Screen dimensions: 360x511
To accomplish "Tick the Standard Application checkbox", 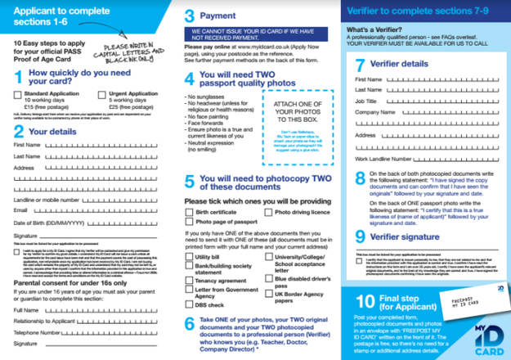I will coord(19,94).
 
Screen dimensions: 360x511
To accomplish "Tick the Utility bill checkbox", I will coord(189,256).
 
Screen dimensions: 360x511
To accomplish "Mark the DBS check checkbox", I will coord(189,304).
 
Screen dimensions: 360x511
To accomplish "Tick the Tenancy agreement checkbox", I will coord(189,279).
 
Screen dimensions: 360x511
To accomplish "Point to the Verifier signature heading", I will coord(409,236).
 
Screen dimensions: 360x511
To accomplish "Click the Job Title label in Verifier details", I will coord(368,99).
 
